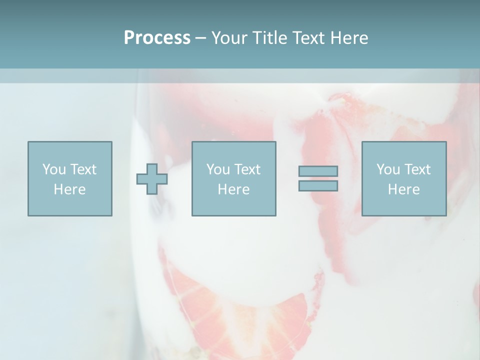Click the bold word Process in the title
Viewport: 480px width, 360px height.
pyautogui.click(x=157, y=38)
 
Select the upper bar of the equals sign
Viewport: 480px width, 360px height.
pyautogui.click(x=318, y=171)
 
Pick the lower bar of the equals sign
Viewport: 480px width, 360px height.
pyautogui.click(x=318, y=185)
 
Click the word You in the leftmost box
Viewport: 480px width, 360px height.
pyautogui.click(x=53, y=169)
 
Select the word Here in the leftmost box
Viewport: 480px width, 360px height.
pyautogui.click(x=69, y=189)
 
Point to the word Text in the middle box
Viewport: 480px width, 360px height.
pyautogui.click(x=247, y=169)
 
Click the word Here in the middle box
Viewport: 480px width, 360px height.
pyautogui.click(x=233, y=189)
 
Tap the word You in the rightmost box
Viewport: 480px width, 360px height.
pyautogui.click(x=387, y=169)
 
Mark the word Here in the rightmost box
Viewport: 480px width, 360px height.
pyautogui.click(x=403, y=189)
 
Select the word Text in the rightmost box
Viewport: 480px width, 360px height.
pyautogui.click(x=417, y=169)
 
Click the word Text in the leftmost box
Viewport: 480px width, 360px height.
pyautogui.click(x=83, y=169)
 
